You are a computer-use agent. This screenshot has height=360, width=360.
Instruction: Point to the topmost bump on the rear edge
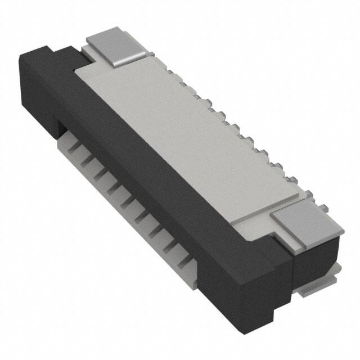pos(183,84)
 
